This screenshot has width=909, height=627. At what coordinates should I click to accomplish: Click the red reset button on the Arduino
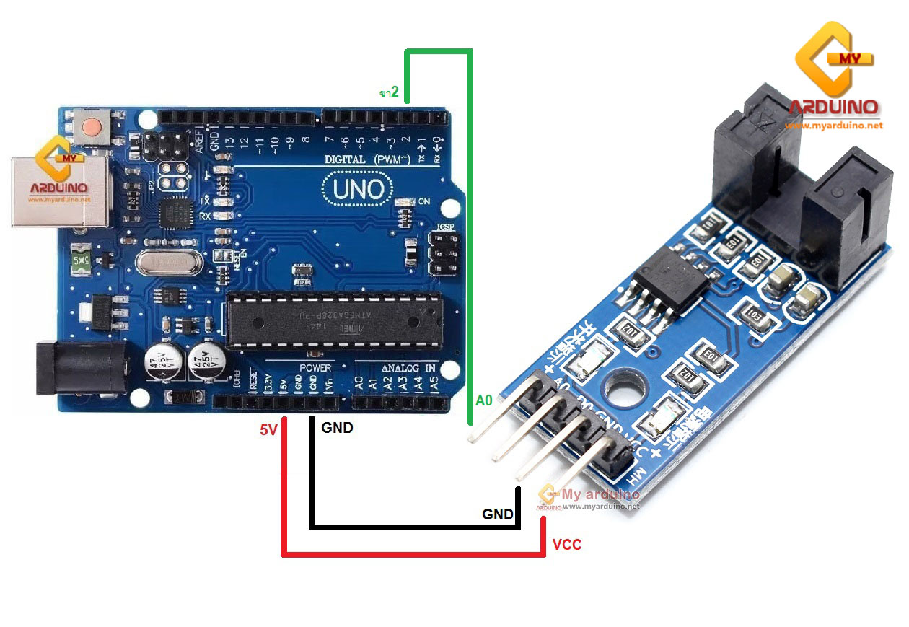[92, 127]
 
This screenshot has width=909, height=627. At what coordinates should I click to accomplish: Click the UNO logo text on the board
[359, 189]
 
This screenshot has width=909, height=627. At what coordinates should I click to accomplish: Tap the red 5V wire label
[268, 431]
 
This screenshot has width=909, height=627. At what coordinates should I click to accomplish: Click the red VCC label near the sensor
[567, 545]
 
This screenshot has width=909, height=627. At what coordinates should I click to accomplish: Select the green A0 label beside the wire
[484, 401]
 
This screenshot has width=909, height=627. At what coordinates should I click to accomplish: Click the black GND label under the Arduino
[337, 428]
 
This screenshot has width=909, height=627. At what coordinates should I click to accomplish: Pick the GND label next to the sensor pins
[498, 514]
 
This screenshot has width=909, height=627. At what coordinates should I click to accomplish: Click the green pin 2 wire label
[390, 92]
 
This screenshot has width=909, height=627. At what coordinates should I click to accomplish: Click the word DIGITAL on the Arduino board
[349, 159]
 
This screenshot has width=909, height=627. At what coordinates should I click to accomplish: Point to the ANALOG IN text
[408, 368]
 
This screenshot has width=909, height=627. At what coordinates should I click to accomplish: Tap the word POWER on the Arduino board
[315, 368]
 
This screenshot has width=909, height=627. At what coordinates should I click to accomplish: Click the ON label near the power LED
[423, 203]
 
